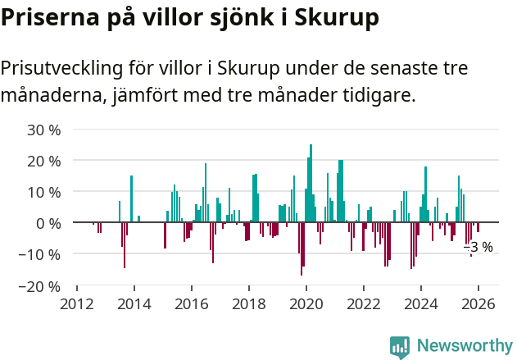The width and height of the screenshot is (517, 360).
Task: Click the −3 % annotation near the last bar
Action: tap(478, 247)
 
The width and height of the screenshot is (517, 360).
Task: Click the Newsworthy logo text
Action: tap(465, 345)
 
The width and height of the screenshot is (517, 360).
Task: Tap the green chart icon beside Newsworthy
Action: tap(400, 346)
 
